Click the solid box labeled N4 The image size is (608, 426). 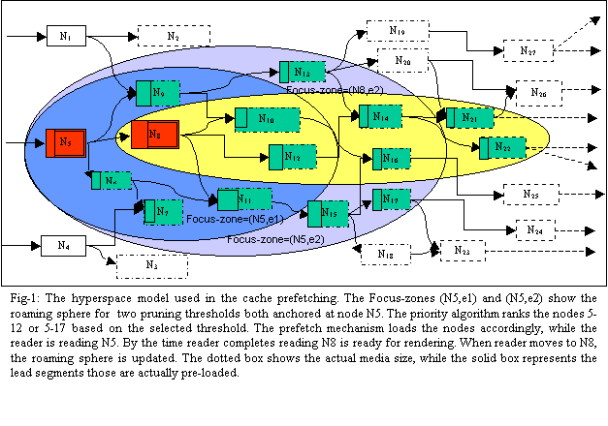pos(64,246)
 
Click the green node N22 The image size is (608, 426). pos(500,146)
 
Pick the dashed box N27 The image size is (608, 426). pos(528,49)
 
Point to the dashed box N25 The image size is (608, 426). pos(530,195)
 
